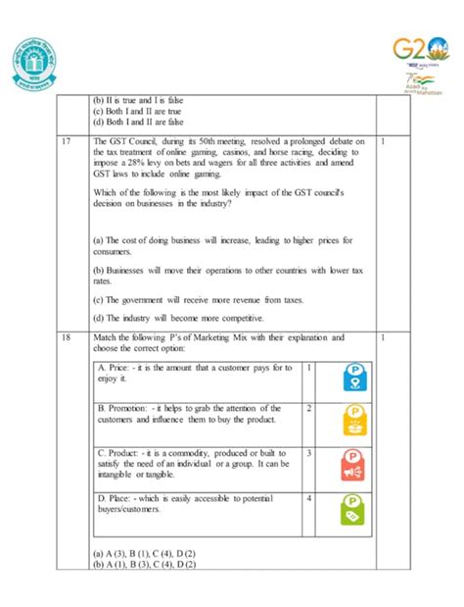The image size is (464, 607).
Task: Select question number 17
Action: tap(65, 140)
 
